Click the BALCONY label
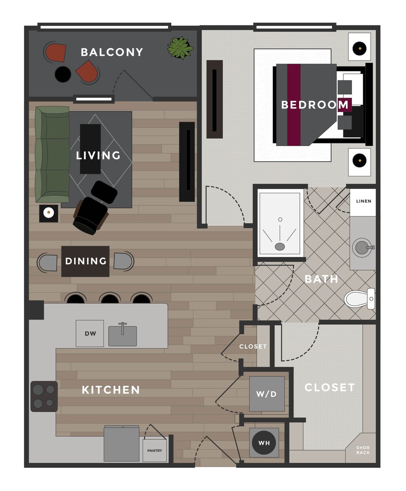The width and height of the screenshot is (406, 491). click(x=112, y=52)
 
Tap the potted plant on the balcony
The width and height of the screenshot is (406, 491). click(x=180, y=48)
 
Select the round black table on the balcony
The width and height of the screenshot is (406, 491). click(x=63, y=74)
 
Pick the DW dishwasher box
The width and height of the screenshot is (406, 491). click(x=90, y=333)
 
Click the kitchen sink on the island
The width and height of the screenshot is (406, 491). click(x=122, y=335)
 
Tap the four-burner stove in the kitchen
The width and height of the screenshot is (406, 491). click(x=44, y=396)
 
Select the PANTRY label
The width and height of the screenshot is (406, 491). click(x=155, y=451)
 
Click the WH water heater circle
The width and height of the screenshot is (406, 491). click(x=264, y=443)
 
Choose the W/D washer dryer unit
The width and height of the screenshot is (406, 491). click(x=267, y=394)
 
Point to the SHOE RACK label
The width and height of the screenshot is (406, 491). click(x=363, y=450)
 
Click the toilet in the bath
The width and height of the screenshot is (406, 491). click(x=359, y=299)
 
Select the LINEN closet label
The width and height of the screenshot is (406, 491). click(x=364, y=201)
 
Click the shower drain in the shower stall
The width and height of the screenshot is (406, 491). click(x=280, y=247)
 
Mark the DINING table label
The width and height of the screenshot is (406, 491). click(x=86, y=261)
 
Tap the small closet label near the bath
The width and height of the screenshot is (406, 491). click(x=253, y=346)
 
